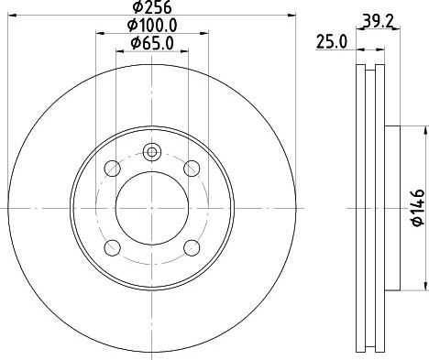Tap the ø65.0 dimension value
(153, 44)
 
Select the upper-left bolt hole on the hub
(113, 169)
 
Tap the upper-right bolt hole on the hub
(192, 169)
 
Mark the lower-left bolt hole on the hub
(113, 247)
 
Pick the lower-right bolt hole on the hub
(192, 247)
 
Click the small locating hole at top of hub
(152, 153)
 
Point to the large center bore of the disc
(152, 208)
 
